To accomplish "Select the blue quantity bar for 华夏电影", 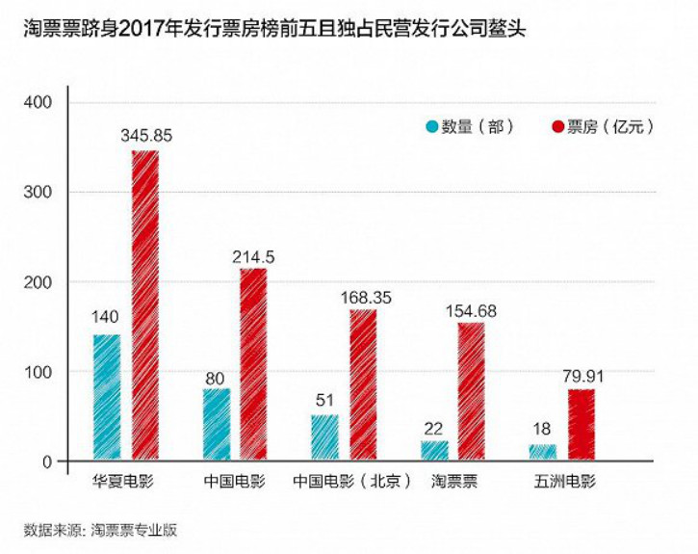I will (x=107, y=398).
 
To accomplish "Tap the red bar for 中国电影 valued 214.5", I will (x=253, y=365).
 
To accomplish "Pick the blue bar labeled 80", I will (x=217, y=425).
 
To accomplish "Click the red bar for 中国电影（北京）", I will (x=363, y=385).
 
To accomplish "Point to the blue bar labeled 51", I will (x=325, y=438).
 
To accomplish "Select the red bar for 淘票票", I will (x=472, y=392).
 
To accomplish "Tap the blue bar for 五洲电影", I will (x=543, y=453).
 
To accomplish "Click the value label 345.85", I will (x=146, y=136).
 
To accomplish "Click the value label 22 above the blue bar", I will (x=434, y=427).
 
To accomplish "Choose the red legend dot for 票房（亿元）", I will (x=556, y=126).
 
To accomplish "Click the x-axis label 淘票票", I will (x=453, y=480).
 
